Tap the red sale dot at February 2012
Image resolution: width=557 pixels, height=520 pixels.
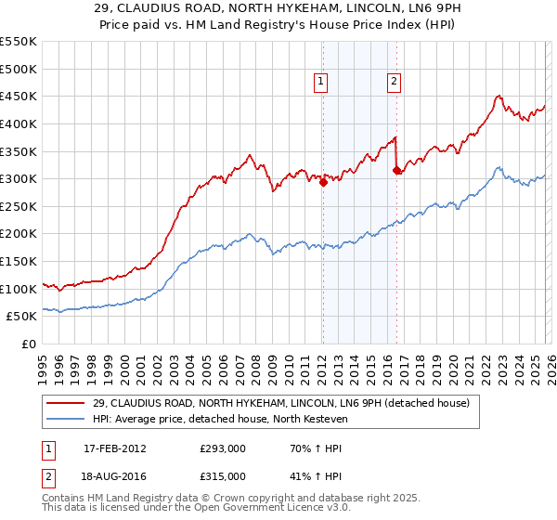pyautogui.click(x=323, y=183)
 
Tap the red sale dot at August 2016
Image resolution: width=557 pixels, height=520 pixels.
pyautogui.click(x=396, y=171)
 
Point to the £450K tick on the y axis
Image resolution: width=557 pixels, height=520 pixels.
pyautogui.click(x=19, y=96)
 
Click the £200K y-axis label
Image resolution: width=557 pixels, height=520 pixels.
pyautogui.click(x=19, y=234)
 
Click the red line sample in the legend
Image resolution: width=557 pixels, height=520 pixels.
pyautogui.click(x=67, y=403)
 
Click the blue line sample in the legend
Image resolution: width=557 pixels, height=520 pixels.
pyautogui.click(x=67, y=419)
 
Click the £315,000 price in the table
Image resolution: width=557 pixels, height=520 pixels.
pyautogui.click(x=223, y=475)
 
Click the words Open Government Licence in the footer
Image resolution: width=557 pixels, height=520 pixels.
pyautogui.click(x=262, y=509)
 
